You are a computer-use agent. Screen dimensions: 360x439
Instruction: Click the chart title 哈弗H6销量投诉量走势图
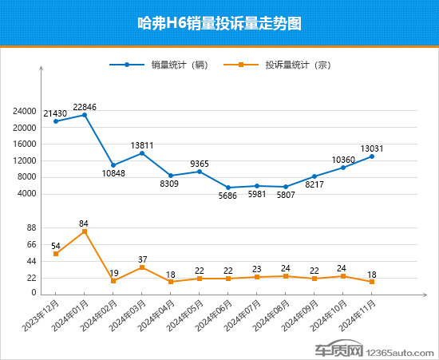tap(219, 24)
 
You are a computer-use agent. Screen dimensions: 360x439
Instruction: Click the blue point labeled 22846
tap(85, 115)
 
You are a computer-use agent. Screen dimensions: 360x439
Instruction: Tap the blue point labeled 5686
tap(228, 188)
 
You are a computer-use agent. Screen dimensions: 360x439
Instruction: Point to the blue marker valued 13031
tap(371, 156)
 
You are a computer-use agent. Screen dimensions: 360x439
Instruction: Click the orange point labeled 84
tap(85, 231)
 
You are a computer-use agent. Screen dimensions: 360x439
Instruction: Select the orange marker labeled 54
tap(56, 254)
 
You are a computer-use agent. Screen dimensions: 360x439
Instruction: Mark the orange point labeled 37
tap(142, 267)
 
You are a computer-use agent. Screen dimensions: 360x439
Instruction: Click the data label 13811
tap(142, 145)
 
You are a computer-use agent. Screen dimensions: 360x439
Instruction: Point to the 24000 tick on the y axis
tap(26, 112)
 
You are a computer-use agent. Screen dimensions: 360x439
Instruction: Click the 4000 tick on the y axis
tap(28, 194)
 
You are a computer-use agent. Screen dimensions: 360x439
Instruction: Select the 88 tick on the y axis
tap(31, 228)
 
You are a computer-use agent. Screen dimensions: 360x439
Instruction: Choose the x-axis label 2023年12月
tap(45, 315)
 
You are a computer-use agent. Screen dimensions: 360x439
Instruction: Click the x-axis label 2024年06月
tap(217, 315)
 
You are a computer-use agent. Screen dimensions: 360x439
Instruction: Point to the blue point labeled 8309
tap(171, 176)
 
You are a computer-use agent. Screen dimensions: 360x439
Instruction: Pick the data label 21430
tap(55, 114)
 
